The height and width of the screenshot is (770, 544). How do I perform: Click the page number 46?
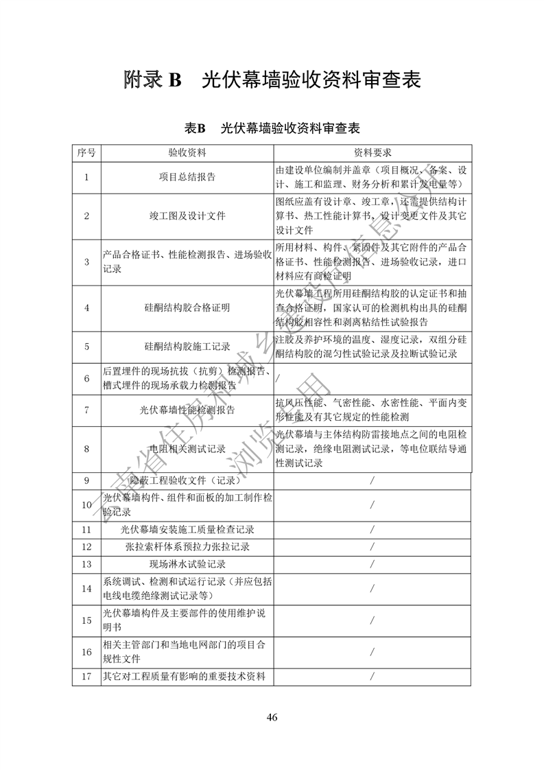(x=272, y=718)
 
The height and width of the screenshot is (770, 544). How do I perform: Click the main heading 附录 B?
(x=152, y=81)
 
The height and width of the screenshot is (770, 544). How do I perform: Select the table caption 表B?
(x=196, y=128)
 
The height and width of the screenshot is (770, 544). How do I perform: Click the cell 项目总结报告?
(x=187, y=176)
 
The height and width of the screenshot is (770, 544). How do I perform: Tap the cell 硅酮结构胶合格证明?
(x=187, y=307)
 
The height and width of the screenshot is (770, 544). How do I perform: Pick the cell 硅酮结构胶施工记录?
(x=187, y=347)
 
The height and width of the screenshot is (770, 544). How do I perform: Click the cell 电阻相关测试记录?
(x=187, y=450)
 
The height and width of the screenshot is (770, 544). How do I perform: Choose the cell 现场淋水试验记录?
(x=187, y=564)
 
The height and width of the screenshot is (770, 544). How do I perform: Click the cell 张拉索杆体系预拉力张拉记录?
(x=187, y=547)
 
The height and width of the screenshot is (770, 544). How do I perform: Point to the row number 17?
(x=86, y=677)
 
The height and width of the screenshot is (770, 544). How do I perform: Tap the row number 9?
(x=86, y=480)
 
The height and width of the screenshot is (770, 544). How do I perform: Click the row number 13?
(x=86, y=564)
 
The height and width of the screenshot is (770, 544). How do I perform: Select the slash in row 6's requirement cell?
(x=277, y=378)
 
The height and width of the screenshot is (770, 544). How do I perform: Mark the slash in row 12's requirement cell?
(x=372, y=547)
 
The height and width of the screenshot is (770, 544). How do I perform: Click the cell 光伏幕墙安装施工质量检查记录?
(x=187, y=529)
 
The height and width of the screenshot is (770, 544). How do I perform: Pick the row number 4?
(x=86, y=307)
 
